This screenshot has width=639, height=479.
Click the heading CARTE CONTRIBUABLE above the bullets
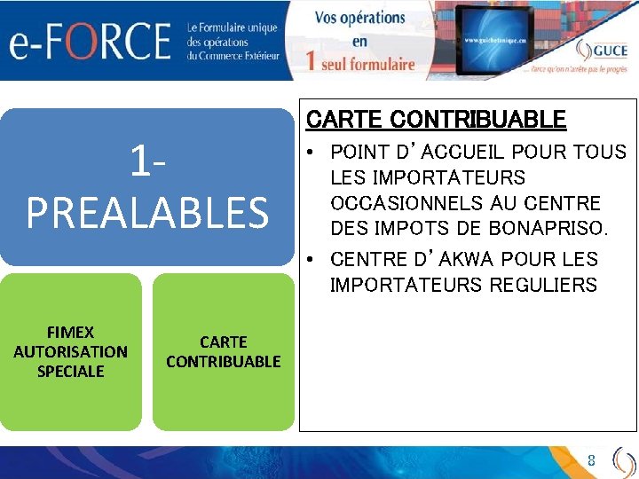[436, 120]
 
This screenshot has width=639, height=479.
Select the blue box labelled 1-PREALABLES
[147, 187]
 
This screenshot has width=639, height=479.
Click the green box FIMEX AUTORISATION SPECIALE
[71, 352]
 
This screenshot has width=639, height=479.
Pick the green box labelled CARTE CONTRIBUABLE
[223, 352]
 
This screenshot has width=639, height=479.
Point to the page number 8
[591, 460]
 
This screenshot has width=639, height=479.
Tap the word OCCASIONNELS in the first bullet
[398, 203]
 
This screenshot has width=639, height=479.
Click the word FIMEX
[71, 333]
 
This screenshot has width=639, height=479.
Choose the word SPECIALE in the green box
[71, 371]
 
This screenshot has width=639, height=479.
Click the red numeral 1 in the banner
[310, 61]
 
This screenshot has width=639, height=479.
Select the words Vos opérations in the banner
[359, 18]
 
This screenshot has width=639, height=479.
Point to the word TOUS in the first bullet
[603, 153]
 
